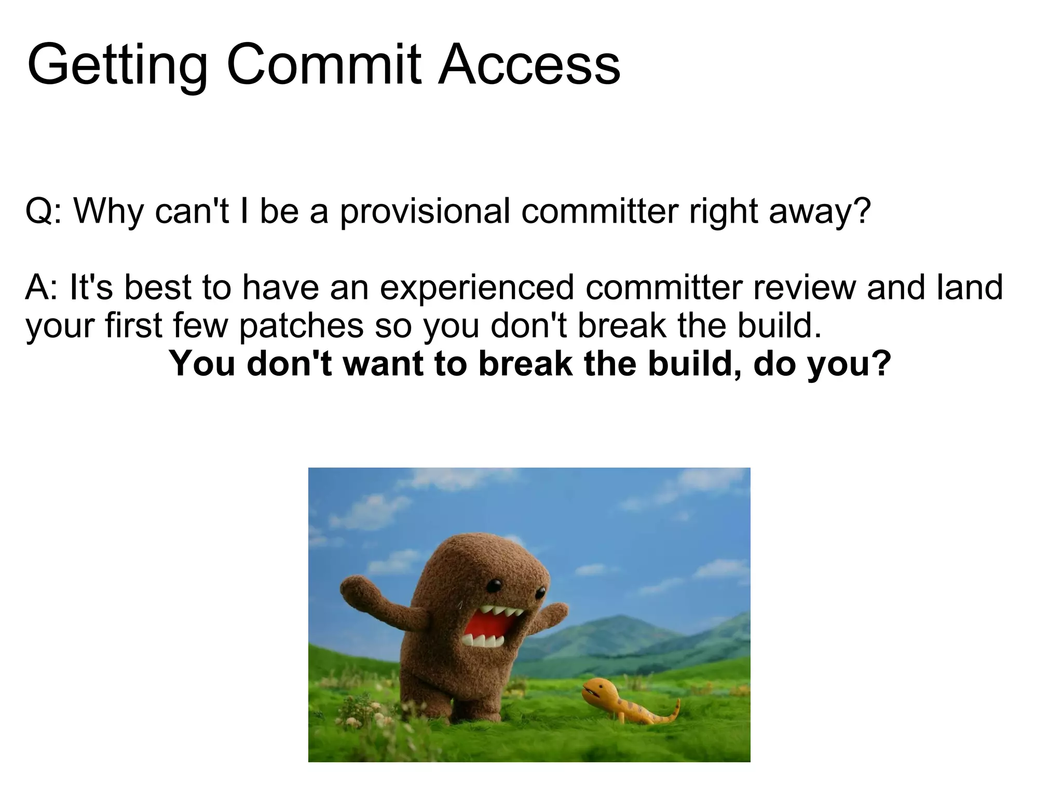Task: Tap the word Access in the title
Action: pyautogui.click(x=529, y=65)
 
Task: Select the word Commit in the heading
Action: pyautogui.click(x=324, y=65)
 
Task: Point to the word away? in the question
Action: pyautogui.click(x=820, y=212)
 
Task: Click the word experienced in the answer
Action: pyautogui.click(x=477, y=288)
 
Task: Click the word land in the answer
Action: pyautogui.click(x=970, y=288)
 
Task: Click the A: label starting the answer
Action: pyautogui.click(x=42, y=288)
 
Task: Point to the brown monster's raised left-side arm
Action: pyautogui.click(x=374, y=597)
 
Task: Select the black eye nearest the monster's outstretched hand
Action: pyautogui.click(x=540, y=592)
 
